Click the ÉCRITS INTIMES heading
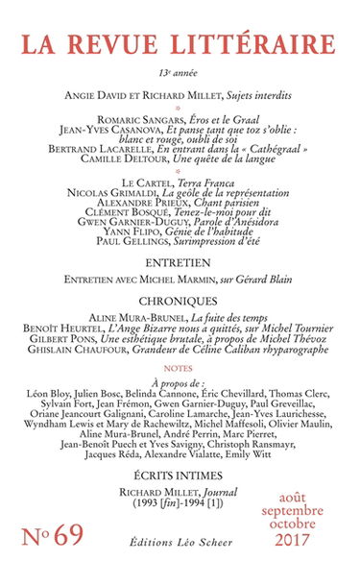pos(180,467)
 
